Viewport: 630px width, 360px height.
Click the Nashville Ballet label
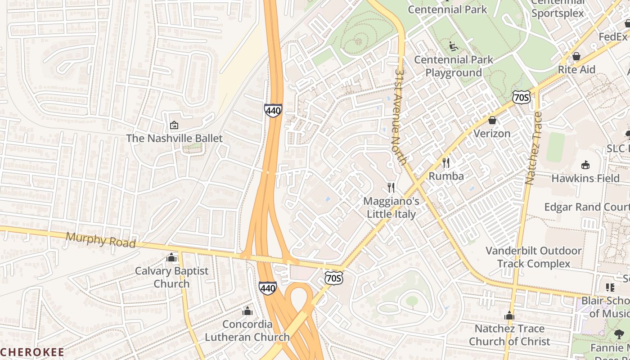174,138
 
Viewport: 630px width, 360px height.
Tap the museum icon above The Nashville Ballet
174,125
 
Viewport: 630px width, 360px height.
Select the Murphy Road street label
101,240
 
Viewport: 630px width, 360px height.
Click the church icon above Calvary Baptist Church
171,257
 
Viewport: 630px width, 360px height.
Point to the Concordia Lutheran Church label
247,330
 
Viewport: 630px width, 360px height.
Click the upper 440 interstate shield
273,110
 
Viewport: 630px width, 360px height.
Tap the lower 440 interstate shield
267,288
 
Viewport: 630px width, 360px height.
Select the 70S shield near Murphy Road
334,278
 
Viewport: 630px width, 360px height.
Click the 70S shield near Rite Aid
521,96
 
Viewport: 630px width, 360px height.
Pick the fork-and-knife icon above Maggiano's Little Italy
391,188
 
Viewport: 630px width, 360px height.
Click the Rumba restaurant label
446,176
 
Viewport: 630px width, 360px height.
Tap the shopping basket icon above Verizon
492,121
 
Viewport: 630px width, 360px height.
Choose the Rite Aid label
576,70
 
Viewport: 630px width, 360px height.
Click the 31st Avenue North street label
400,116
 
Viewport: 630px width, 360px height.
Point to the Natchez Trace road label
534,148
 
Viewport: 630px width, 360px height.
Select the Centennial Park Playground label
454,66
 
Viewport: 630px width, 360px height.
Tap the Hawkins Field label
585,178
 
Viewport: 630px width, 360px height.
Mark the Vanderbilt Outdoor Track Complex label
534,257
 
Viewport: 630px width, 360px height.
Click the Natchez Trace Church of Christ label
509,335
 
